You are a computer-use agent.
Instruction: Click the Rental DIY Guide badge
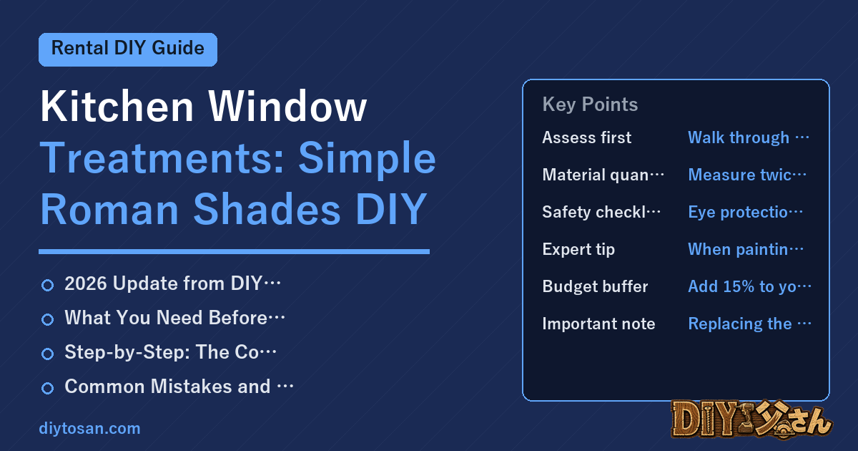click(128, 49)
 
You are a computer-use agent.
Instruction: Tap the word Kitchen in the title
click(117, 106)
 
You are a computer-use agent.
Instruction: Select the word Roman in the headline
click(109, 209)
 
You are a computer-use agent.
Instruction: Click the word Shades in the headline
click(267, 209)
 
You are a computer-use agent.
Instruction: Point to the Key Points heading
click(590, 105)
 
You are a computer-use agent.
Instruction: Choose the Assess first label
click(586, 137)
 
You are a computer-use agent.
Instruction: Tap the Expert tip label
click(578, 249)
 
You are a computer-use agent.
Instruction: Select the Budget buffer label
click(595, 286)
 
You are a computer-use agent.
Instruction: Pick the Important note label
click(598, 324)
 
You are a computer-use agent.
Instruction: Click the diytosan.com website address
click(89, 428)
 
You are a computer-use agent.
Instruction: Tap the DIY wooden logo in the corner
click(751, 420)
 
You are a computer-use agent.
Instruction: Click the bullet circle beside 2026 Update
click(47, 285)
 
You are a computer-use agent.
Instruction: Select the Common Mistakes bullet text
click(179, 386)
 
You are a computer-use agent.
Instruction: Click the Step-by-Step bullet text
click(170, 352)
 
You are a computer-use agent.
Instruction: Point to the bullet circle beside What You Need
click(47, 319)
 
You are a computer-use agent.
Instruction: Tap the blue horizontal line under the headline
click(234, 251)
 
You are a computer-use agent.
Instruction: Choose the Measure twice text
click(747, 175)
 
